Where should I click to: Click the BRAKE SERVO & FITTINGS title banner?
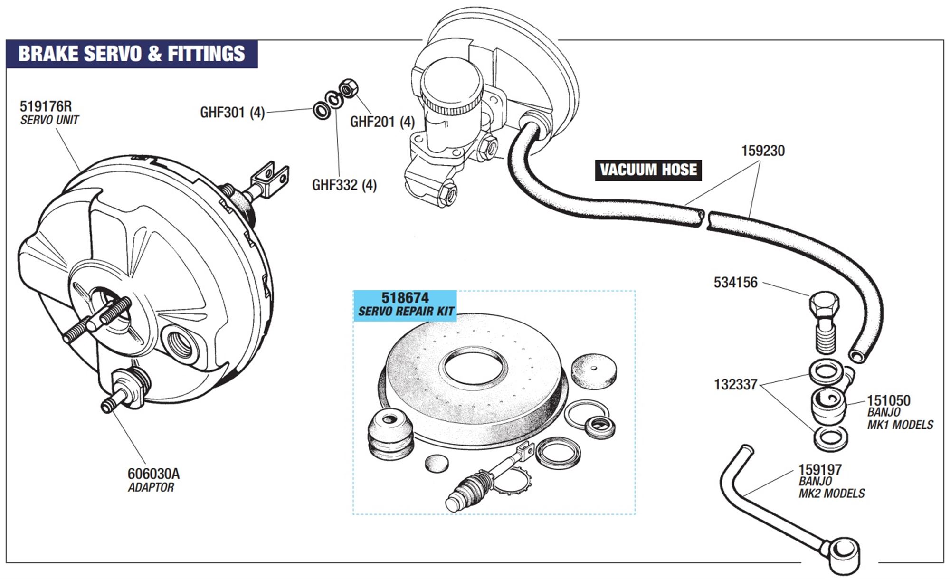coord(132,54)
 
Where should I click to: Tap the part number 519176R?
coord(46,106)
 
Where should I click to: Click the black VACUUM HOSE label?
coord(648,170)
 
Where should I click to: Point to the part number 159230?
coord(763,151)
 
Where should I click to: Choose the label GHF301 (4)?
coord(232,113)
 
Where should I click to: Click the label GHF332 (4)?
coord(344,185)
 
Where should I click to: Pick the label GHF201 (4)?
coord(382,122)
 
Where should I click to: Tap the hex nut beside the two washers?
coord(349,88)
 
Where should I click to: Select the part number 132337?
coord(735,384)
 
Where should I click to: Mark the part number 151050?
coord(888,400)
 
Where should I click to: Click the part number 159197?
coord(820,469)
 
